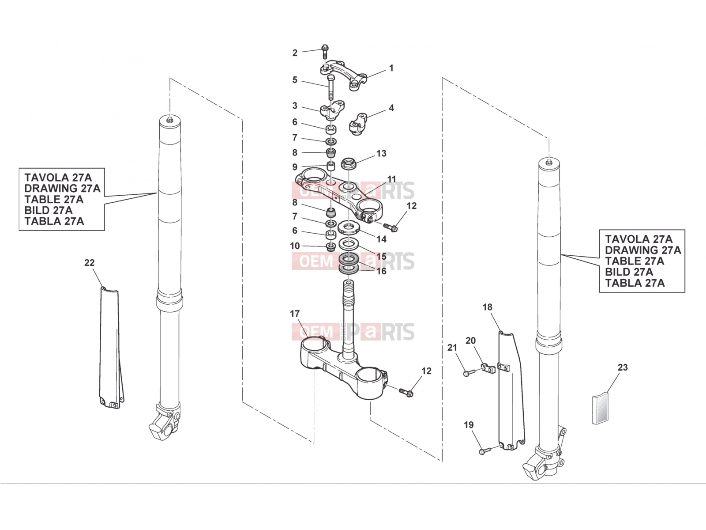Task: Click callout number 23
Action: [x=623, y=367]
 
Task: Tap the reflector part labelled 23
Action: [x=600, y=409]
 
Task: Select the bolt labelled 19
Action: [x=485, y=450]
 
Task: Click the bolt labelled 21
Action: [x=469, y=373]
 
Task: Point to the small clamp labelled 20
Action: [x=488, y=368]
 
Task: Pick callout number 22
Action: [x=90, y=263]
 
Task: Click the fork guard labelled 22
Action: [x=111, y=348]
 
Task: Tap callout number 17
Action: [x=295, y=314]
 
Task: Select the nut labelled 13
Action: [x=348, y=163]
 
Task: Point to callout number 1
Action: [x=391, y=68]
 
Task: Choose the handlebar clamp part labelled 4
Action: [x=358, y=124]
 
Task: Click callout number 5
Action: [x=295, y=80]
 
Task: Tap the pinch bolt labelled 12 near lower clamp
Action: [x=406, y=392]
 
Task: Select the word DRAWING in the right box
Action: [x=631, y=250]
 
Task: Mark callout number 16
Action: [x=381, y=271]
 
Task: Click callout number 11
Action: [x=391, y=179]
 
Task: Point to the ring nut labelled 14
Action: [x=348, y=227]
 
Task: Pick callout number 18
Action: [x=487, y=307]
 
